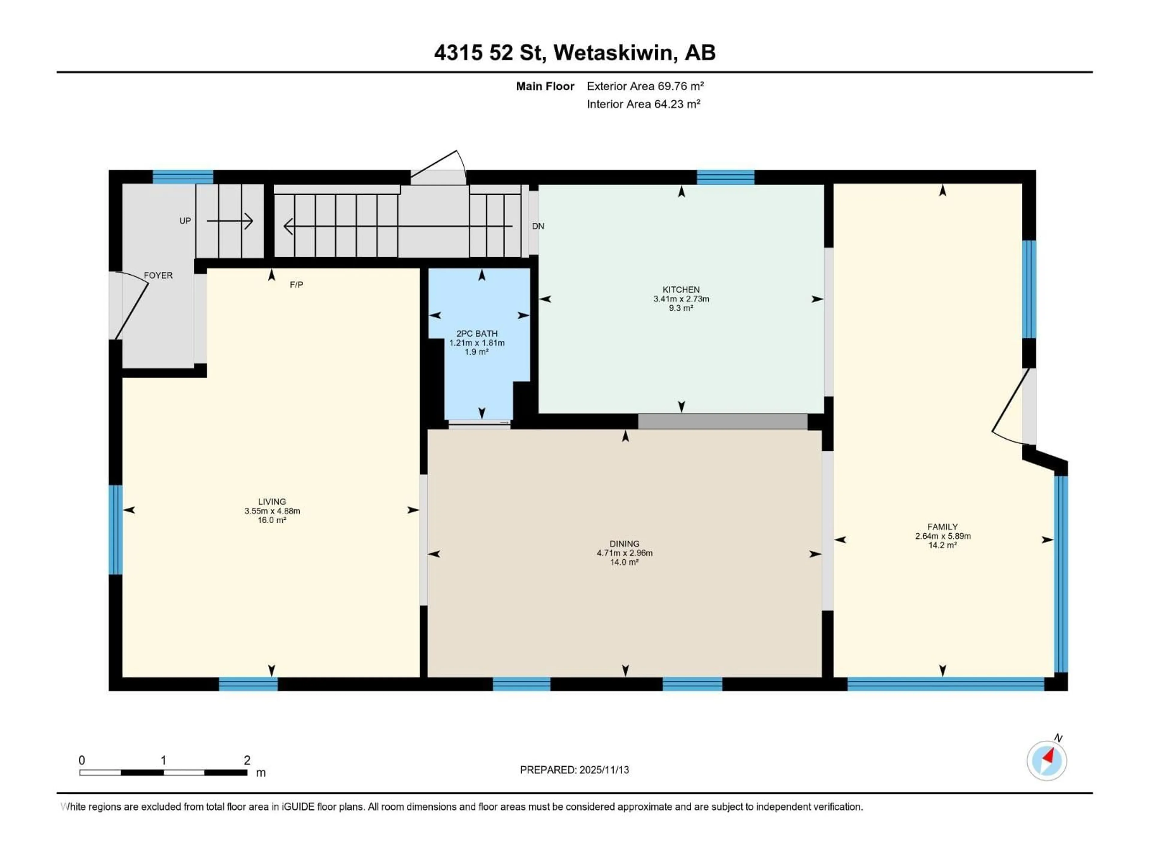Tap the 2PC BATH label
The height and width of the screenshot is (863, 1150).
(x=477, y=334)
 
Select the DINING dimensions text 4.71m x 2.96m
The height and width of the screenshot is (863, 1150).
(x=624, y=553)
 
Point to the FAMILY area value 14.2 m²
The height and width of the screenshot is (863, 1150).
(x=942, y=545)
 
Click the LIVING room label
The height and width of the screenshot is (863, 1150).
(x=272, y=501)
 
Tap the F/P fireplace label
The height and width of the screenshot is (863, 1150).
(x=296, y=285)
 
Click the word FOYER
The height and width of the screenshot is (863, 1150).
(x=158, y=275)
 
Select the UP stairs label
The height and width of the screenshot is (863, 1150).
(x=185, y=221)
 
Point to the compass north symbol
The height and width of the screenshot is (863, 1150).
(x=1047, y=761)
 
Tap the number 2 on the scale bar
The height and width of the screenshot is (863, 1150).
(x=247, y=760)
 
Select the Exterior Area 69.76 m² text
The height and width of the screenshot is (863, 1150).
(x=645, y=86)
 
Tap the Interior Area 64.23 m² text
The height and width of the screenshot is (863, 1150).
(x=644, y=104)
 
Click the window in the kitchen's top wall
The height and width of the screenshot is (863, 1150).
(x=725, y=177)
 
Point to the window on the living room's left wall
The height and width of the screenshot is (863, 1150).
(x=115, y=529)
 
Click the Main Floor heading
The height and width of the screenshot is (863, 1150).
(x=545, y=86)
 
